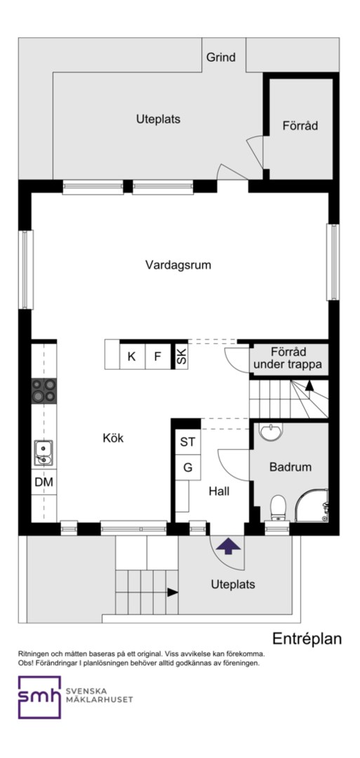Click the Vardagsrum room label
[x=178, y=265]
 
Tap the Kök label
[x=113, y=439]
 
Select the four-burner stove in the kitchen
[x=44, y=391]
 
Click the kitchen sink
[x=44, y=453]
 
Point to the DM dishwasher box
[x=44, y=482]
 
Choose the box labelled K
[x=132, y=357]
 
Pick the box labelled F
[x=157, y=357]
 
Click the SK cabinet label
[x=181, y=357]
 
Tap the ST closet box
[x=188, y=442]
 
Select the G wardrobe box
[x=188, y=467]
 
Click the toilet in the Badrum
[x=277, y=507]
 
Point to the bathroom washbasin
[x=270, y=432]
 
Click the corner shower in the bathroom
[x=312, y=505]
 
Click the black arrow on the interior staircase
[x=309, y=385]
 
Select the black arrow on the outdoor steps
[x=173, y=592]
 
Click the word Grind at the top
[x=221, y=58]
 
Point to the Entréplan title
[x=307, y=639]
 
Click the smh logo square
[x=39, y=697]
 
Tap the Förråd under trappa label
[x=288, y=358]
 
